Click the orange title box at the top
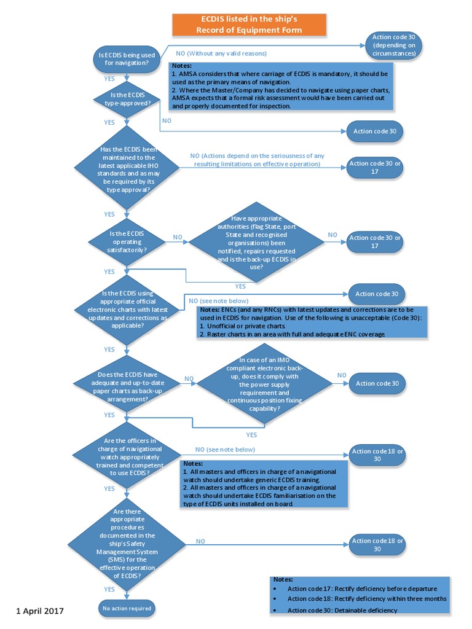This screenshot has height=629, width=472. (x=249, y=25)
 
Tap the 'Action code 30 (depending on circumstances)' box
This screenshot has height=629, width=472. (x=394, y=45)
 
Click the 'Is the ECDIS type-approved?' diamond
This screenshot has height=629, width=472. (x=127, y=99)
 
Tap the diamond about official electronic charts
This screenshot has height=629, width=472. (x=127, y=309)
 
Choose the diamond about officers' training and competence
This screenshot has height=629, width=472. (x=127, y=457)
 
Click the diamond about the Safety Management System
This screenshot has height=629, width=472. (x=127, y=541)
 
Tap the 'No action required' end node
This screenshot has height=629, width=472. (x=126, y=608)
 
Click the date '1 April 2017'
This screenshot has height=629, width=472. (x=39, y=611)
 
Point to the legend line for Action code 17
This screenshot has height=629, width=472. (x=361, y=588)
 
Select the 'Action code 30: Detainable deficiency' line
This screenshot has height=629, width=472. (x=342, y=609)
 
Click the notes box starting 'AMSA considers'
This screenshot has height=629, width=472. (x=281, y=86)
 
